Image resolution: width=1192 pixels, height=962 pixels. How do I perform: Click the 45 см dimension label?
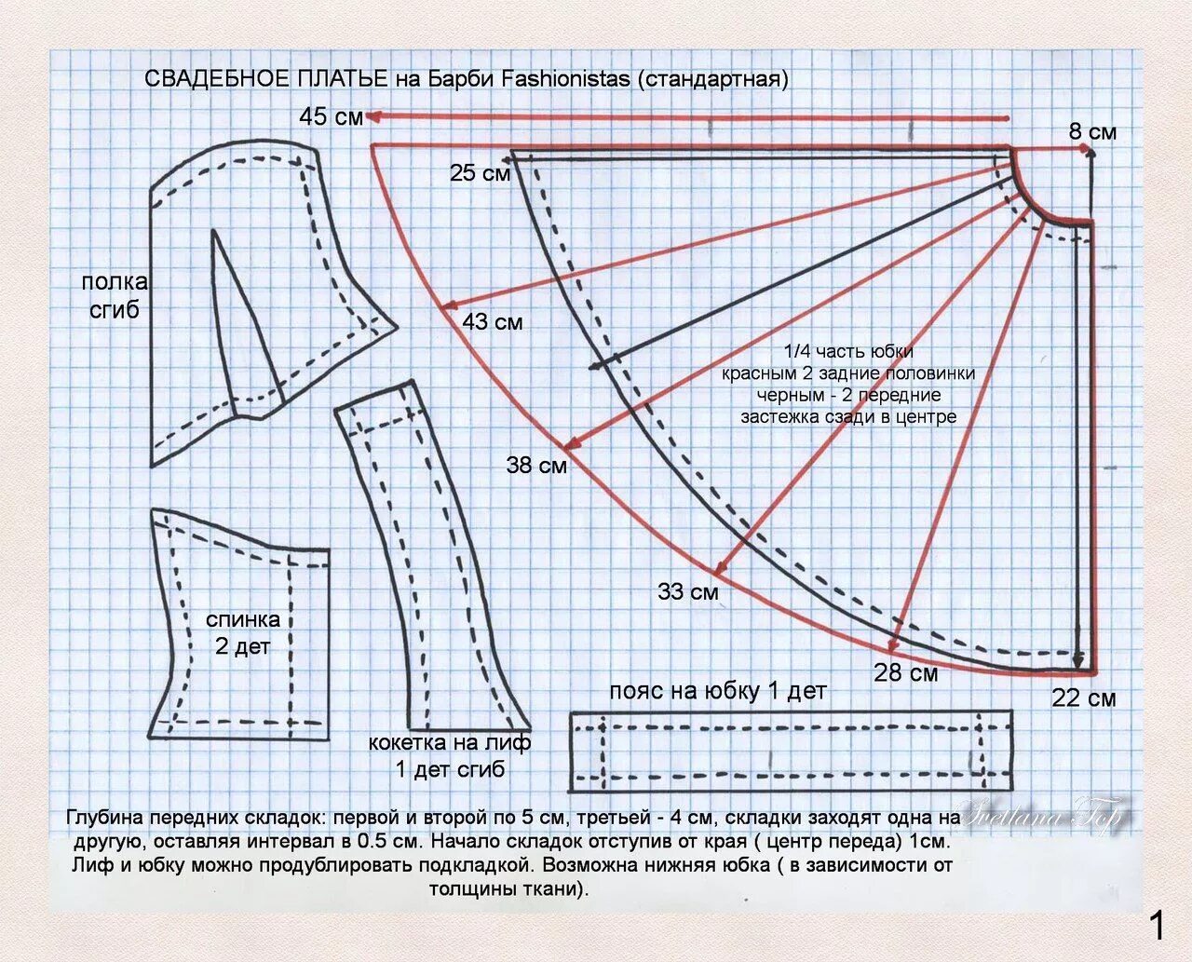(x=331, y=117)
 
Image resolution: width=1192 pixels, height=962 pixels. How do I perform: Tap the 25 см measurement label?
(x=480, y=173)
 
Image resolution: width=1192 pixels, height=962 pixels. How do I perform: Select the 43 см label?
(x=492, y=322)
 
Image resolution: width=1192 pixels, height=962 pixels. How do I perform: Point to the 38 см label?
(x=536, y=465)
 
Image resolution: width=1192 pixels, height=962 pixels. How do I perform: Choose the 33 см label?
(x=687, y=591)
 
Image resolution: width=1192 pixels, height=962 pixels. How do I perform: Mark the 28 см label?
(x=905, y=672)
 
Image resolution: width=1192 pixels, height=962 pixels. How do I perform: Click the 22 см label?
(x=1083, y=698)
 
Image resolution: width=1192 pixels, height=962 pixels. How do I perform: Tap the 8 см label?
(x=1092, y=132)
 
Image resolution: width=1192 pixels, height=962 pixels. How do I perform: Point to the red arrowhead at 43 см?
(x=448, y=306)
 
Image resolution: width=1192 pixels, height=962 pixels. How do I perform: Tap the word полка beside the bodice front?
(x=115, y=282)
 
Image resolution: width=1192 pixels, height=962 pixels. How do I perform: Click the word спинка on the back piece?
(x=242, y=619)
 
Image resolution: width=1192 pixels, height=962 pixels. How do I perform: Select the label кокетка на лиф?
(x=450, y=743)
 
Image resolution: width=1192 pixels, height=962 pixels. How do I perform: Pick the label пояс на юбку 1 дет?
(x=717, y=691)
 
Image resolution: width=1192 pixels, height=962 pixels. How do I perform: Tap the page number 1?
(x=1157, y=926)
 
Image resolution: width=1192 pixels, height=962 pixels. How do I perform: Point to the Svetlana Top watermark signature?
(x=1043, y=817)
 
